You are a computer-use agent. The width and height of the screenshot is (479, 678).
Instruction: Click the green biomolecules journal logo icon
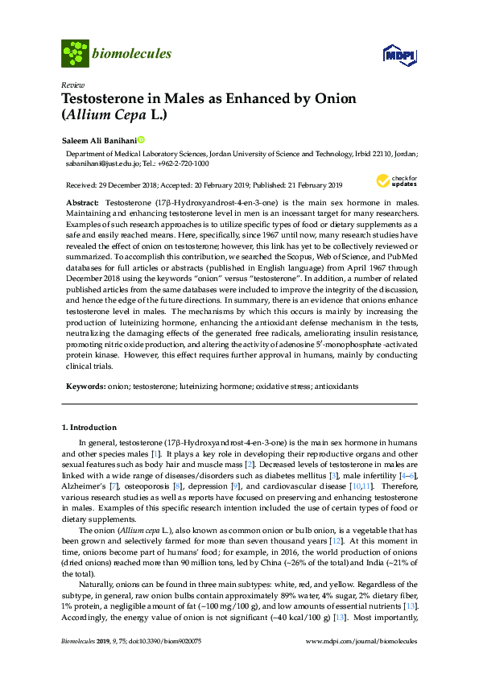[75, 54]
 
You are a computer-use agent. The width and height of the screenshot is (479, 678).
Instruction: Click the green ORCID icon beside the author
[141, 140]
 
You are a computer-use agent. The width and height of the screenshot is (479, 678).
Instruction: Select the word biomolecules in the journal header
[132, 54]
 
